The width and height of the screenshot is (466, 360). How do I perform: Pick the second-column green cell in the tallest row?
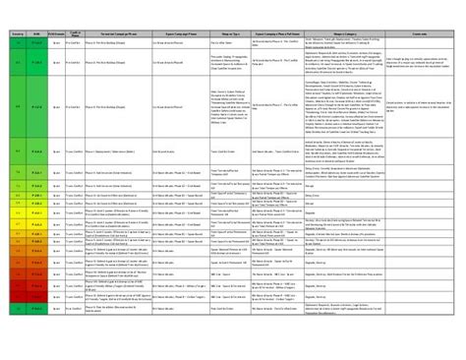pyautogui.click(x=35, y=128)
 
